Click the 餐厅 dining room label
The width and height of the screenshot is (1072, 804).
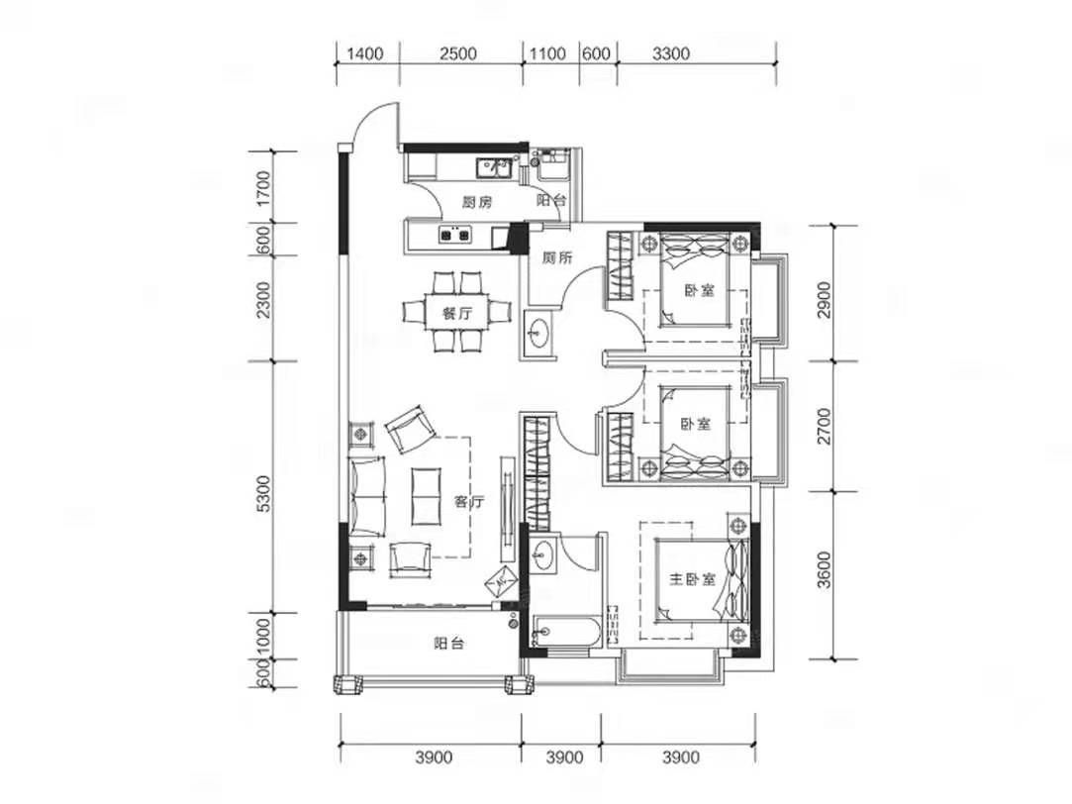[456, 314]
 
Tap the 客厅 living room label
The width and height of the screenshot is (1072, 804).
[469, 503]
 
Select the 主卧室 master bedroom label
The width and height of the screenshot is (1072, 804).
[692, 579]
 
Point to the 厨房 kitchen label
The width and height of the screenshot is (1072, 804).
[476, 202]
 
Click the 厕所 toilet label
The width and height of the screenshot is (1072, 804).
[557, 257]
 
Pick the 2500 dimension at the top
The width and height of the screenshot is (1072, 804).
[458, 53]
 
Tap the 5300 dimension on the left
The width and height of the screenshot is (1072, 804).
[263, 494]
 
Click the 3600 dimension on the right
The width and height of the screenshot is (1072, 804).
[826, 569]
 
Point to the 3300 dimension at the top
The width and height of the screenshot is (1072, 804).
[671, 53]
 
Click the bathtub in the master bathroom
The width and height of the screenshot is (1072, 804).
[567, 632]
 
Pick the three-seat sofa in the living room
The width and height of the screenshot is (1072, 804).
[367, 496]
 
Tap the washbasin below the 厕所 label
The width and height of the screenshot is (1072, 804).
[538, 335]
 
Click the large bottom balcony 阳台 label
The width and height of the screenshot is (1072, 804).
[449, 643]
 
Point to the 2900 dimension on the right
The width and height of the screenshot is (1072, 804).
[826, 299]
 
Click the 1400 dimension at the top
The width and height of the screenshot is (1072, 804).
[366, 53]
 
